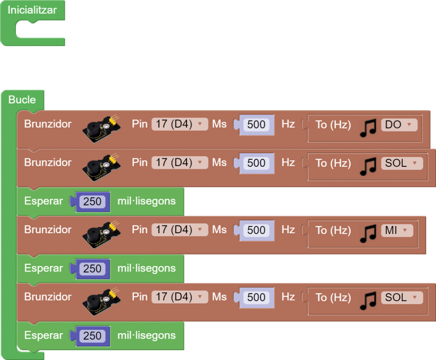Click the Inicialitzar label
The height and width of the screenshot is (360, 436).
(x=32, y=10)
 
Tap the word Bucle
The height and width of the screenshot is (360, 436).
(x=22, y=100)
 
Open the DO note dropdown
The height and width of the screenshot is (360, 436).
(x=399, y=124)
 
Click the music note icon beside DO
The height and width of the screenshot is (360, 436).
(x=368, y=127)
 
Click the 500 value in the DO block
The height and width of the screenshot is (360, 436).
(x=256, y=125)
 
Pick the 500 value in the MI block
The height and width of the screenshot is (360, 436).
(x=256, y=230)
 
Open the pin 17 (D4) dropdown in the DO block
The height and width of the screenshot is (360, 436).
(x=179, y=124)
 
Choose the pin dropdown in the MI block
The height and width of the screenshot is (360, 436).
(x=179, y=230)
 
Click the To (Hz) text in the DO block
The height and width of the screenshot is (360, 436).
(x=333, y=124)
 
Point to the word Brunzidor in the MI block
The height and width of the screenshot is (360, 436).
(x=48, y=229)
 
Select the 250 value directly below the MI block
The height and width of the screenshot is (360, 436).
(x=92, y=269)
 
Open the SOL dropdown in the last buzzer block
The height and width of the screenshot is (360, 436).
(x=402, y=297)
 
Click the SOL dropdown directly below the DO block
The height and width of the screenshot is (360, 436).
(x=402, y=163)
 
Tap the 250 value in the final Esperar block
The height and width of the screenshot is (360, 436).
(x=92, y=336)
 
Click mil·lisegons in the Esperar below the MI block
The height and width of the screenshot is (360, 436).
(x=146, y=268)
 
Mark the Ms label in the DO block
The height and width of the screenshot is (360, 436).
(x=219, y=124)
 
